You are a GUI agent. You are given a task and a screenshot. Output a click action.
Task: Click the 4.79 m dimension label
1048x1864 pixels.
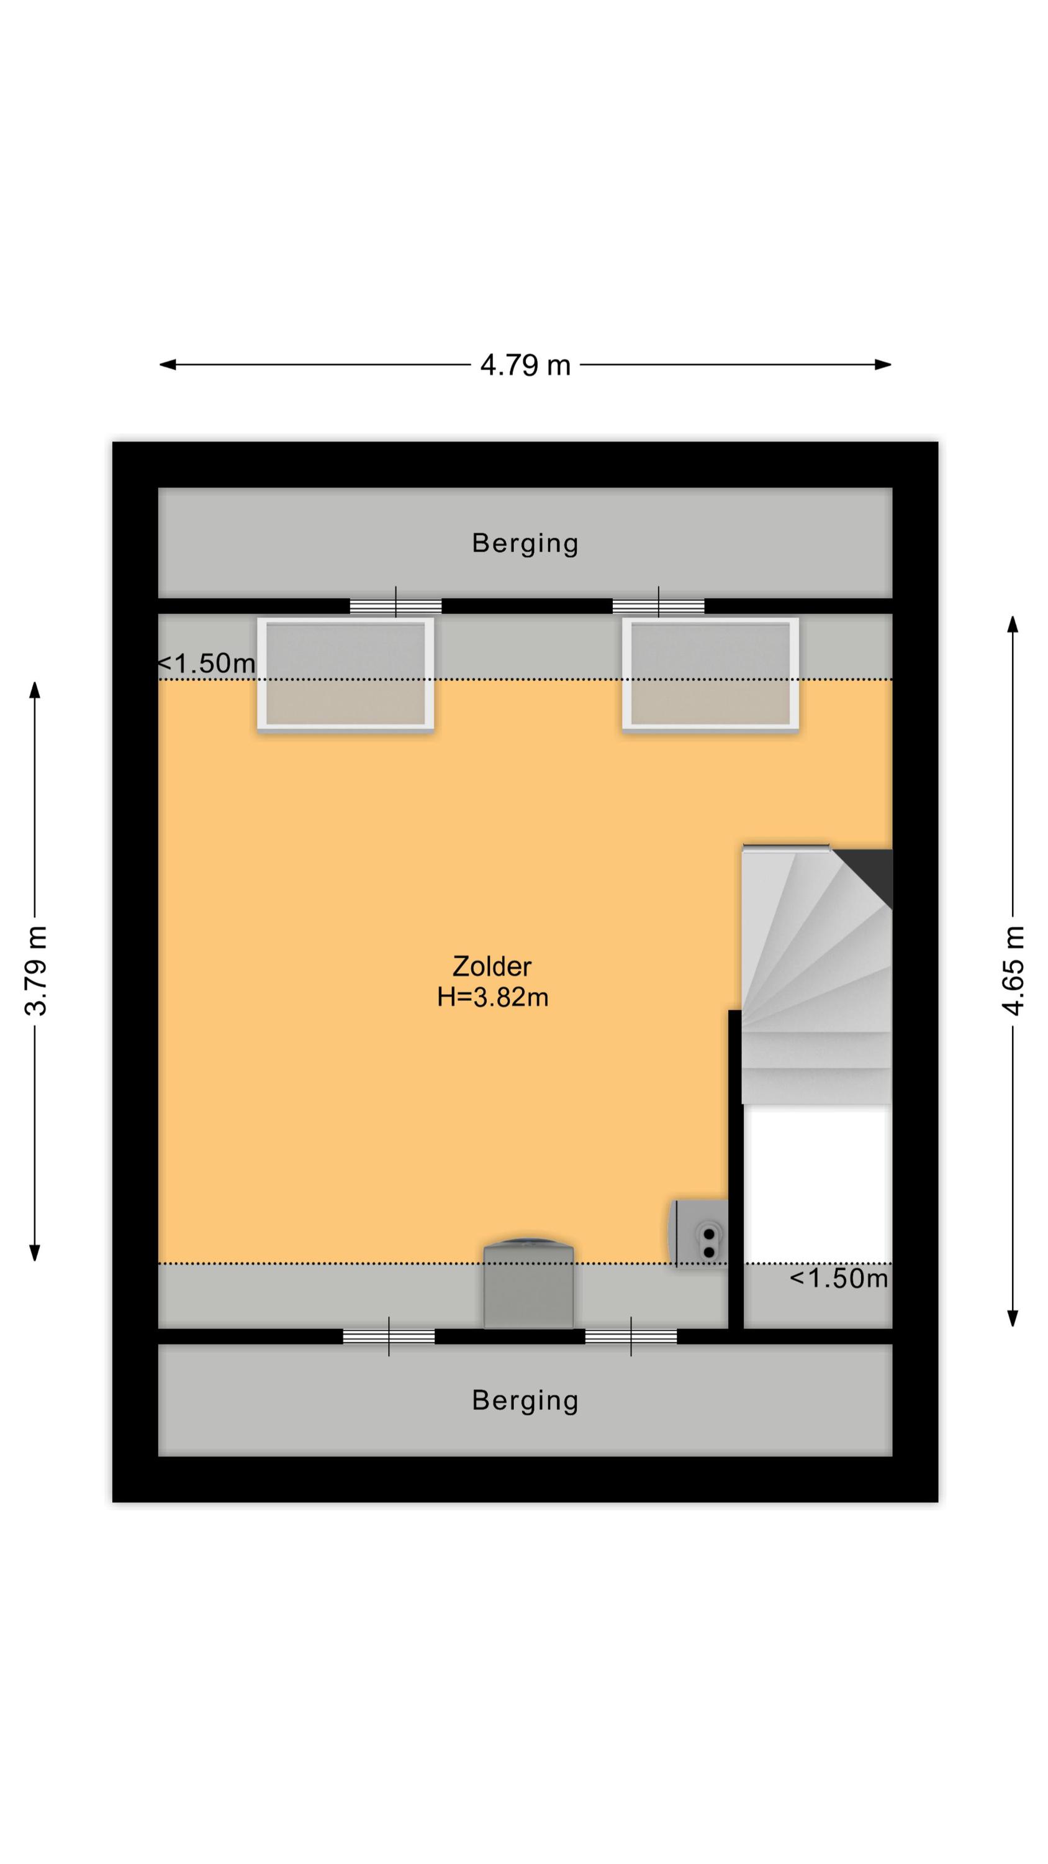[x=525, y=365]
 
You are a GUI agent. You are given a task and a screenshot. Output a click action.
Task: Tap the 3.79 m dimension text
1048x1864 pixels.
[x=35, y=970]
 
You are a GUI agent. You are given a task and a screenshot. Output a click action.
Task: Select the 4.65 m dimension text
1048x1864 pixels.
[x=1013, y=970]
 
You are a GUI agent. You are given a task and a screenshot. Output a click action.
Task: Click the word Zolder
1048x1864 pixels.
[x=492, y=966]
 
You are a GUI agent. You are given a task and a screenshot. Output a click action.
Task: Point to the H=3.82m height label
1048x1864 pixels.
[x=492, y=997]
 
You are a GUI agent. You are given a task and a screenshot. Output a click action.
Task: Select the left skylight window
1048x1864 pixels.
[x=346, y=674]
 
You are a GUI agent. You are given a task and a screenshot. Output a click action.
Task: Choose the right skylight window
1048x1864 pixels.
[x=710, y=674]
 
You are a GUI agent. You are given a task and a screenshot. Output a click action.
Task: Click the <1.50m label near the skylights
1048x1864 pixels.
[x=207, y=663]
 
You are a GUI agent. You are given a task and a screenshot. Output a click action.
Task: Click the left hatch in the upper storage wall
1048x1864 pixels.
[x=395, y=606]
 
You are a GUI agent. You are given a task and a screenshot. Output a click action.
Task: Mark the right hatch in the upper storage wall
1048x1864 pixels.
[x=658, y=606]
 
